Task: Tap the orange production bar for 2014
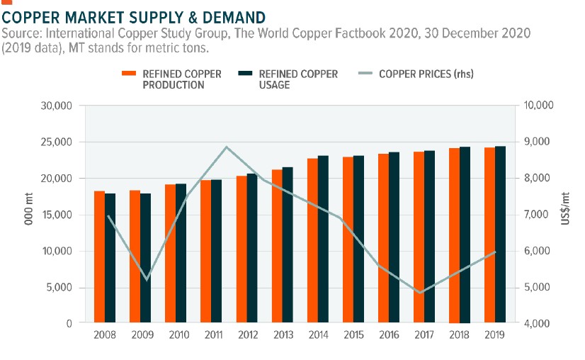(x=312, y=240)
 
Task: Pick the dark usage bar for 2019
(x=500, y=235)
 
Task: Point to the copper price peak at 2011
(x=226, y=147)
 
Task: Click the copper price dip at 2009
(x=147, y=280)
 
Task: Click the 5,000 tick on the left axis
(x=62, y=287)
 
